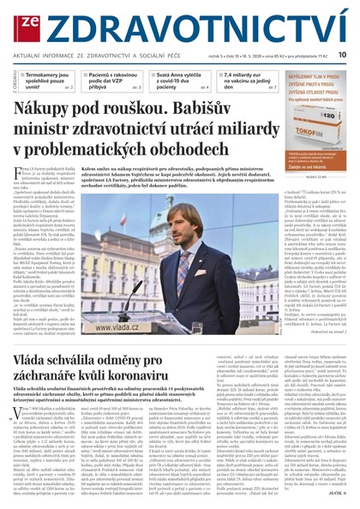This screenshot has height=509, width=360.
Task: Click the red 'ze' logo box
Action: point(19,20)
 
